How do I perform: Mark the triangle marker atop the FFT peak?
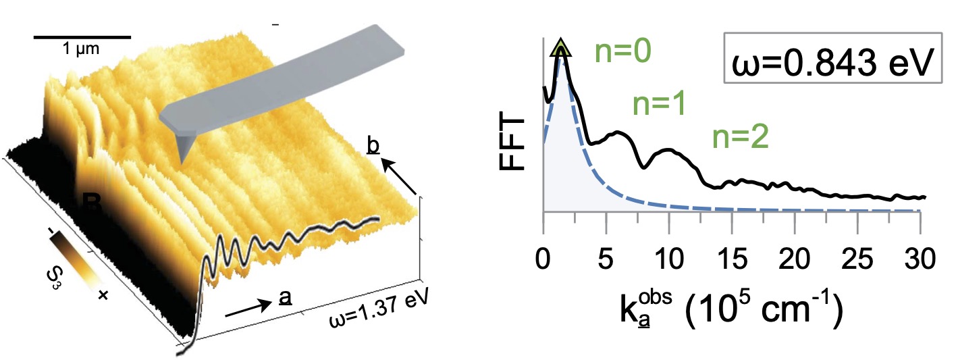click(560, 49)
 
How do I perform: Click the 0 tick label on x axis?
click(543, 259)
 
